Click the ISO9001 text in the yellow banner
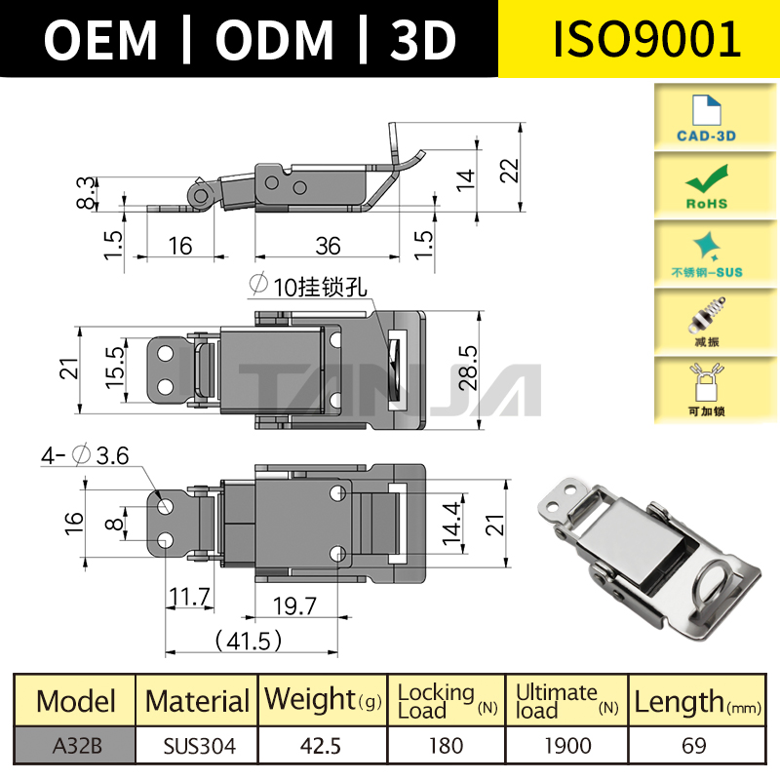(x=639, y=39)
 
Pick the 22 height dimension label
(x=509, y=171)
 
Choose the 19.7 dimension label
(x=293, y=606)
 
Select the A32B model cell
(x=75, y=746)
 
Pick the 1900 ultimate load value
(x=566, y=746)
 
